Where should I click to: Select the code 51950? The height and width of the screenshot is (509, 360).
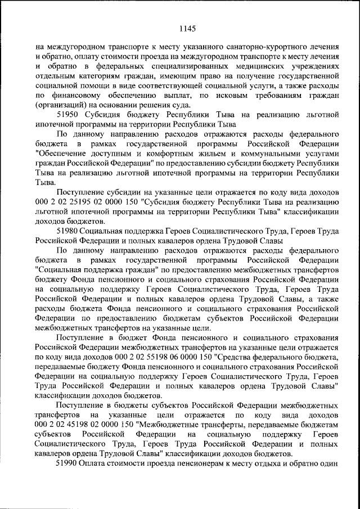(x=69, y=115)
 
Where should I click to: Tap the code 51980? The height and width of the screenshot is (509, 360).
(x=69, y=231)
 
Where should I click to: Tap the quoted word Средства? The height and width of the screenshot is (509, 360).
(x=233, y=357)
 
